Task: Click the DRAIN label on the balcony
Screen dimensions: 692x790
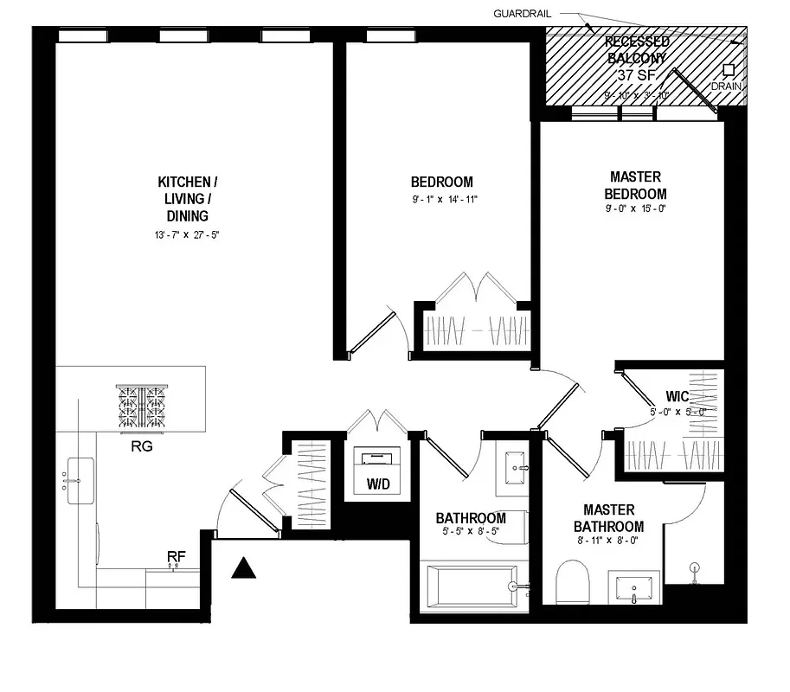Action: click(x=727, y=87)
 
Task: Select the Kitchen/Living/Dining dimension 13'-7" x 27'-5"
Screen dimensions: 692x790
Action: click(x=183, y=234)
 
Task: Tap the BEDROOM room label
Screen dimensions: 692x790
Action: click(x=441, y=182)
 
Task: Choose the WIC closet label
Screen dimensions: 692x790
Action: click(x=678, y=397)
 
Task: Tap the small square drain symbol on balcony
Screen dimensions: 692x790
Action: click(x=729, y=71)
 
